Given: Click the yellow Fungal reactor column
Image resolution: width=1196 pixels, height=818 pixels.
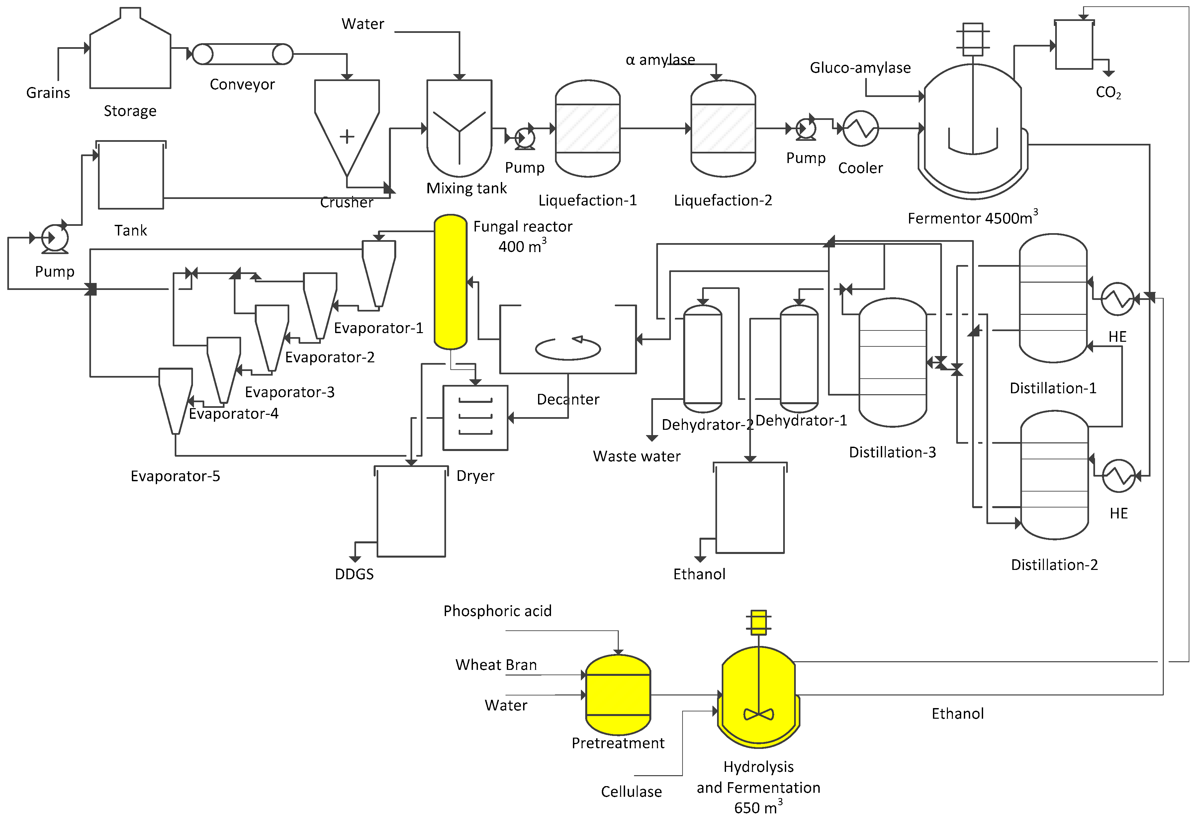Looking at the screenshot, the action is coord(450,282).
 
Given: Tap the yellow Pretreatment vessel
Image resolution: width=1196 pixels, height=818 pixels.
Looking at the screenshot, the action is coord(618,694).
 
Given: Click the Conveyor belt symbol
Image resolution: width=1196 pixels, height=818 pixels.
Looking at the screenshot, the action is coord(242,54).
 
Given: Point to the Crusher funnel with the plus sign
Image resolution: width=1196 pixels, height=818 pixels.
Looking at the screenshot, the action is coord(347,129).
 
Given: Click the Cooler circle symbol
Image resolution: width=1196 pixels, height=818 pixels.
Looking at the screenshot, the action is coord(861,128).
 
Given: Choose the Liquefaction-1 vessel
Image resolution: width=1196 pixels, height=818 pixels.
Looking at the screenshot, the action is coord(588,128).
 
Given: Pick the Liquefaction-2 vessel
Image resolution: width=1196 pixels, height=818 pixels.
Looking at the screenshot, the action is coord(723,128).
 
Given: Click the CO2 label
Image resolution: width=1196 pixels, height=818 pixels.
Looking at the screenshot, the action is coord(1108,93).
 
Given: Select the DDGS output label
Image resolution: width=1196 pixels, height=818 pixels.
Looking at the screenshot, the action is coord(354,574).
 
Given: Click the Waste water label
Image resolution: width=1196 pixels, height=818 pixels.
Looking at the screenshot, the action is coord(637,456).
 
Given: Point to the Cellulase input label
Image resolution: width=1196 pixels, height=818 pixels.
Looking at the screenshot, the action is coord(631,791).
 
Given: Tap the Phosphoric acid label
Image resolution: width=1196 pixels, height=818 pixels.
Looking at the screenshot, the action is coord(497,611).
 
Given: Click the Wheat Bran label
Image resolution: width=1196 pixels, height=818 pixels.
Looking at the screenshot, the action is coord(496,665).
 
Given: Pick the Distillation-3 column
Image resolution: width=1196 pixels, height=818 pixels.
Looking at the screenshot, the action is coord(893,362).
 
